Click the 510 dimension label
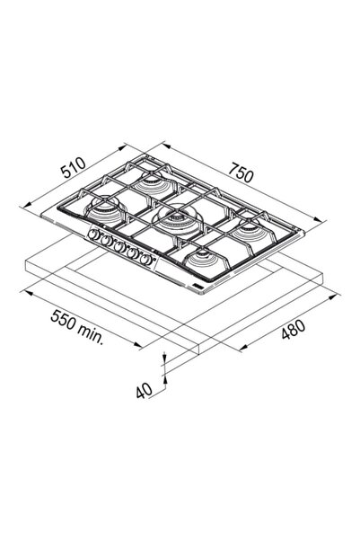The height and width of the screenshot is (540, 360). (73, 167)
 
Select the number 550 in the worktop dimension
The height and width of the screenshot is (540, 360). (62, 320)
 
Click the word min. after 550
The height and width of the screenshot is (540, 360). (90, 333)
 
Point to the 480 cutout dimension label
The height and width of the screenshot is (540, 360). (293, 329)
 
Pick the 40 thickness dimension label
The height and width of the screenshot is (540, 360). (144, 391)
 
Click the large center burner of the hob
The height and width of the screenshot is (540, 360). (178, 220)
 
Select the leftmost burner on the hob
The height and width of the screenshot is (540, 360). (104, 210)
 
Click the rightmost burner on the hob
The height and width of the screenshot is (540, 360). (250, 232)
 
